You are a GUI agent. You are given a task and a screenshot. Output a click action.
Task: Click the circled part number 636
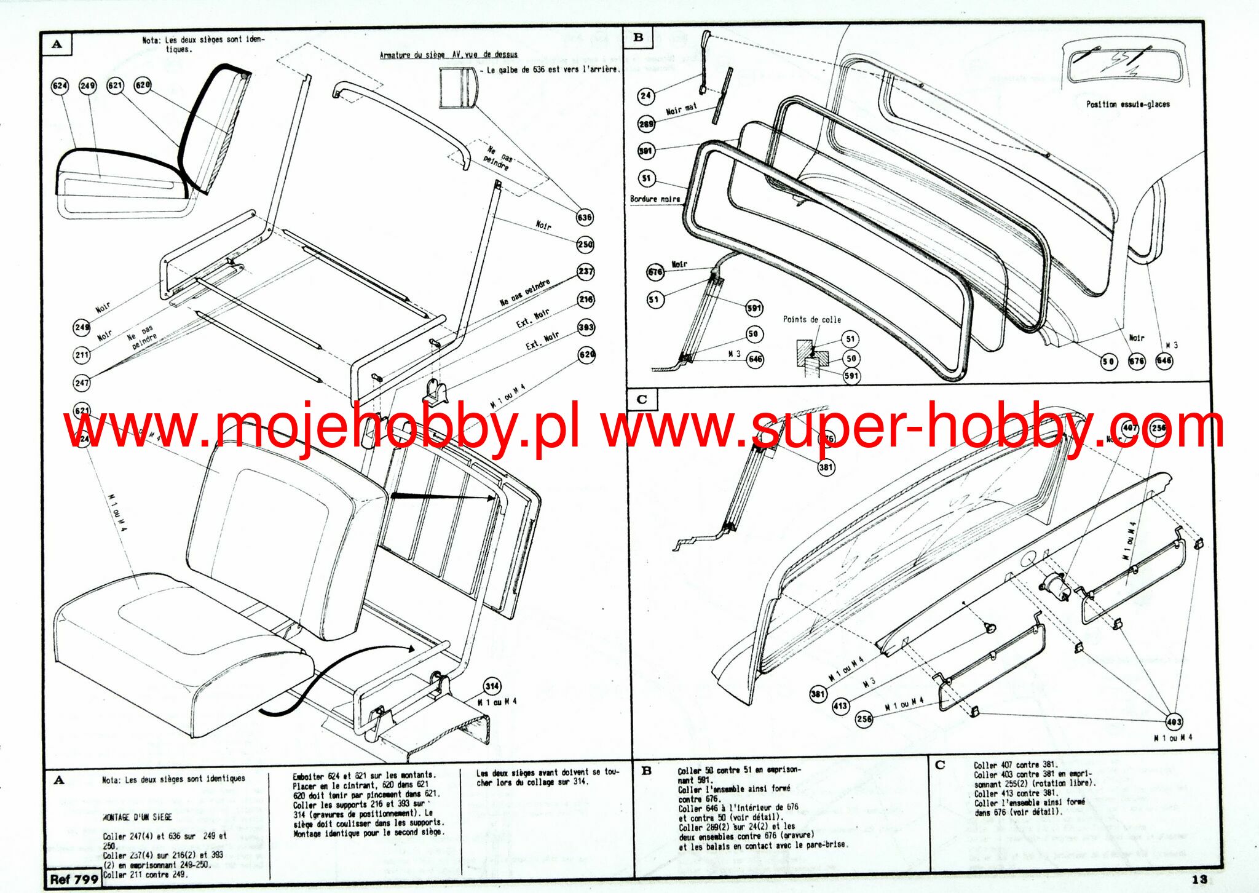tap(584, 217)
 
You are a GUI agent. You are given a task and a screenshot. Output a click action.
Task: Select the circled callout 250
tap(585, 244)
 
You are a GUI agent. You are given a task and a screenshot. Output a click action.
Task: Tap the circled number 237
tap(585, 271)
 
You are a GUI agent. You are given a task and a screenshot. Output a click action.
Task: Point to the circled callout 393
tap(586, 327)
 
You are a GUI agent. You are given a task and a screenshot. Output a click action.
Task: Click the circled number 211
tap(82, 354)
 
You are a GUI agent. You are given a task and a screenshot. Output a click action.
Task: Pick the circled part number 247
tap(82, 383)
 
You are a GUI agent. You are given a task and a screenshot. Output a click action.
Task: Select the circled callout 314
tap(492, 686)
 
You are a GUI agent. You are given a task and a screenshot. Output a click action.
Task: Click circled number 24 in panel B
tap(645, 95)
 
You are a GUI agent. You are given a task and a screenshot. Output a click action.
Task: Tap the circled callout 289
tap(646, 124)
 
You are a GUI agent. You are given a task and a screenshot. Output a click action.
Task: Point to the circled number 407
tap(1130, 428)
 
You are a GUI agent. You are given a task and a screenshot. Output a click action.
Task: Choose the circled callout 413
tap(840, 707)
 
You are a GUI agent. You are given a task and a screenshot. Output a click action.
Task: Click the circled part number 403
tap(1174, 722)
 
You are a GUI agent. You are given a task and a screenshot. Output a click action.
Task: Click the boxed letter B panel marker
tap(638, 38)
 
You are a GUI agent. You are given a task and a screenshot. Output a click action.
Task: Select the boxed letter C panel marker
tap(642, 400)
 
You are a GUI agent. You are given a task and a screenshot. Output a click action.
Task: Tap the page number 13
tap(1199, 879)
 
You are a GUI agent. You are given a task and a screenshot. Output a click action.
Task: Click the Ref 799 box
tap(74, 879)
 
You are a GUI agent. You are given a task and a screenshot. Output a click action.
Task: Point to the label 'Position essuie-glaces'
tap(1127, 105)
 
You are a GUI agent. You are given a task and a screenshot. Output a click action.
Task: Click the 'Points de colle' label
tap(811, 320)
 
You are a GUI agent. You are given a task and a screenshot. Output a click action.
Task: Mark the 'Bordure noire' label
tap(655, 199)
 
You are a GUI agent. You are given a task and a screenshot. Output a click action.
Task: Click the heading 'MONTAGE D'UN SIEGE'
tap(137, 817)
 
